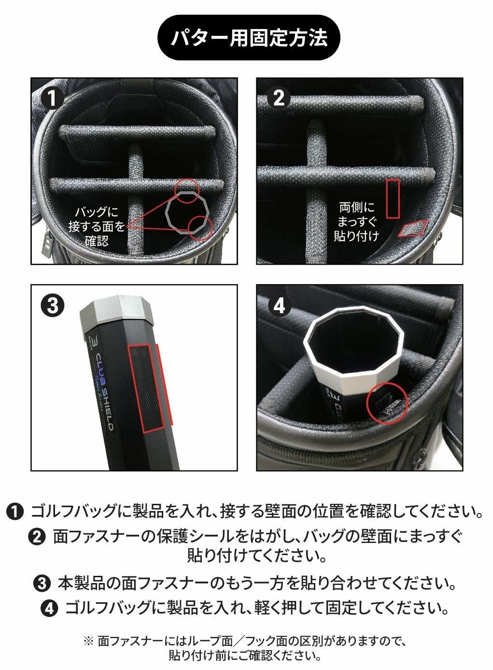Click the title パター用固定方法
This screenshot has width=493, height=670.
pyautogui.click(x=249, y=38)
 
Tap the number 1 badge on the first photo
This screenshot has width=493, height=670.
pyautogui.click(x=52, y=98)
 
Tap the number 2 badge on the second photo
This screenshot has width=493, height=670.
pyautogui.click(x=279, y=98)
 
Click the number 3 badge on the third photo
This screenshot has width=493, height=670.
pyautogui.click(x=53, y=305)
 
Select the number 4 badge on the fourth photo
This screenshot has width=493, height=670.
pyautogui.click(x=280, y=305)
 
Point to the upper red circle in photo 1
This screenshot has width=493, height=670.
pyautogui.click(x=187, y=190)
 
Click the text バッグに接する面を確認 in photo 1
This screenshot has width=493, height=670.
pyautogui.click(x=97, y=227)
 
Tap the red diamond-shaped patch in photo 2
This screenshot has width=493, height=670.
pyautogui.click(x=413, y=228)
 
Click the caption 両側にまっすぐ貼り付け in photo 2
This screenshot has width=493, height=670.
pyautogui.click(x=356, y=222)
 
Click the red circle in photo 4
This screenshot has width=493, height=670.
pyautogui.click(x=388, y=402)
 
